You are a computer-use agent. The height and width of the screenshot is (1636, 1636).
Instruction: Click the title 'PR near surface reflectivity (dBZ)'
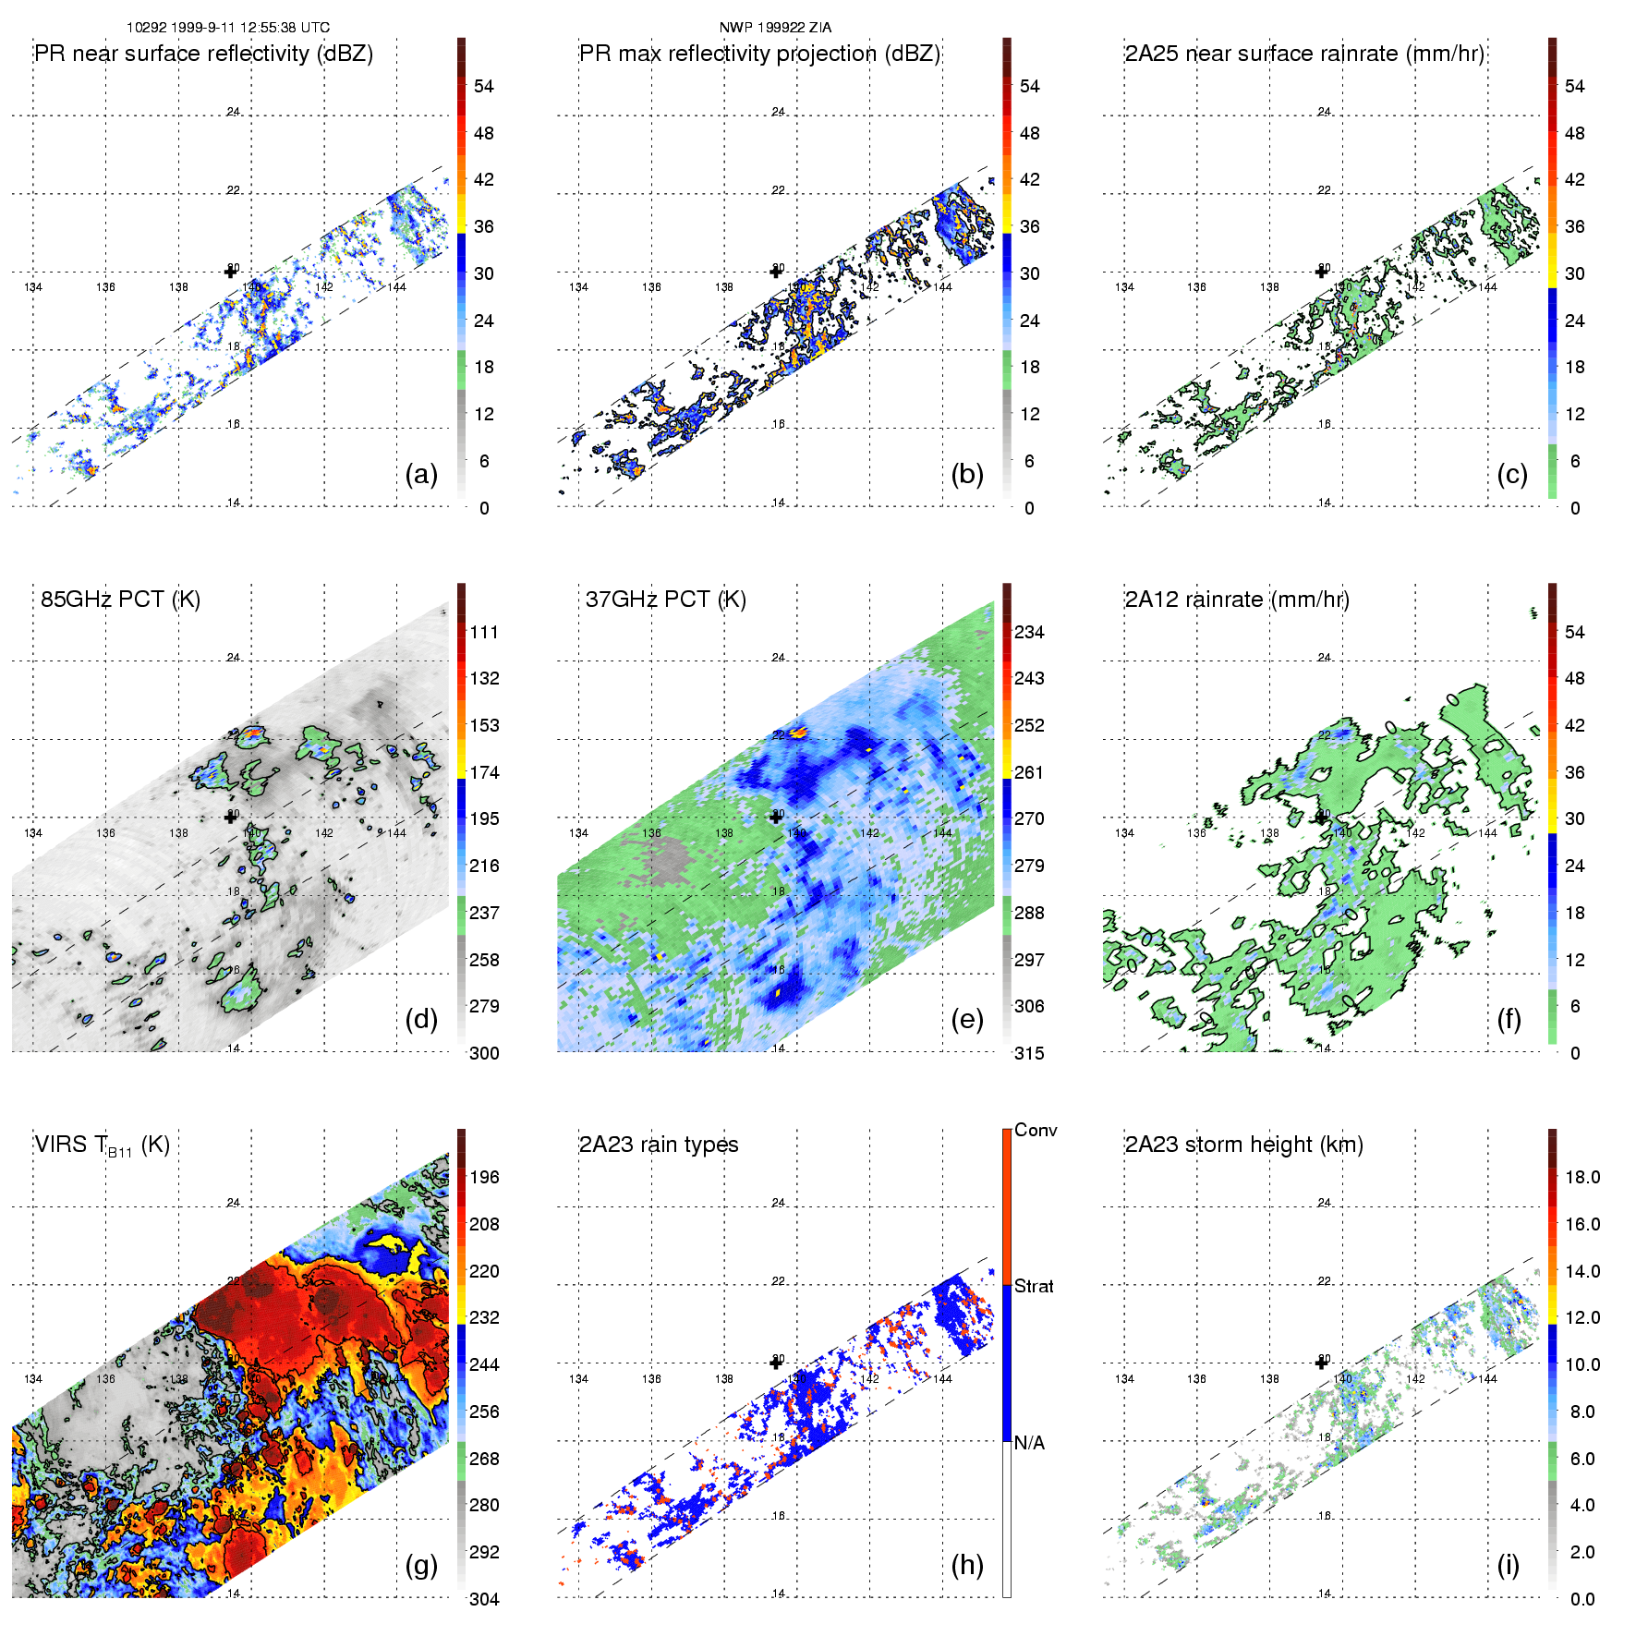[x=203, y=54]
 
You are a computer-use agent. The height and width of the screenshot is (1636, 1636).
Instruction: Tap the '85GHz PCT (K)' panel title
[x=120, y=600]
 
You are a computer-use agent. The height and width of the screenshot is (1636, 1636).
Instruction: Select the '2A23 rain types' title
[x=659, y=1145]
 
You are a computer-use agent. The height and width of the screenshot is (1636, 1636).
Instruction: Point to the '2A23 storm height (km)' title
[x=1243, y=1145]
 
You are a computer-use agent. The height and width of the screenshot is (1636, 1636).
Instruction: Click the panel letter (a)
[x=421, y=475]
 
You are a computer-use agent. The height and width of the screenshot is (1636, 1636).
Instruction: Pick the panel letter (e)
[x=966, y=1020]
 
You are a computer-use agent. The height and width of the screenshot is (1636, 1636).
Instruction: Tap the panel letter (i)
[x=1508, y=1565]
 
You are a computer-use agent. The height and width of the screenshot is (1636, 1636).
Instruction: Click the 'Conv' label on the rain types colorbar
[x=1036, y=1130]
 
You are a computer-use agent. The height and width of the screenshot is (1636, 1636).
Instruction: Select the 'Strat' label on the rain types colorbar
[x=1034, y=1286]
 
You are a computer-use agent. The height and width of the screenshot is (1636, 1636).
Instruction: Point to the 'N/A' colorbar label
[x=1029, y=1443]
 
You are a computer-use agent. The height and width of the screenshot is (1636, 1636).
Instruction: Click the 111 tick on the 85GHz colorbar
[x=484, y=633]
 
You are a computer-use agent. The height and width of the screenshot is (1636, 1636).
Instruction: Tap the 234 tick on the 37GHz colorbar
[x=1029, y=633]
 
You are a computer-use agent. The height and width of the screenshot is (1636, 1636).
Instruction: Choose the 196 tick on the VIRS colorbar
[x=484, y=1178]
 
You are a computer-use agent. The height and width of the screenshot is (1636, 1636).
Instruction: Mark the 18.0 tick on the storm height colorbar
[x=1582, y=1178]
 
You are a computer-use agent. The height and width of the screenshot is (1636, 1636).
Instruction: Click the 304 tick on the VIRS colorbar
[x=484, y=1599]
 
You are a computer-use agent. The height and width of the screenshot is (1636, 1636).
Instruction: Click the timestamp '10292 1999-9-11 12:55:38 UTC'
[x=228, y=28]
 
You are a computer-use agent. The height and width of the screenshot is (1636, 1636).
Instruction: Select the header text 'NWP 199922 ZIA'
[x=775, y=28]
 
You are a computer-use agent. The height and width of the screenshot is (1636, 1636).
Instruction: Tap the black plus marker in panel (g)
[x=230, y=1363]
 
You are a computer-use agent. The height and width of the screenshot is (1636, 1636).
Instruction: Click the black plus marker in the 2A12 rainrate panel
[x=1321, y=818]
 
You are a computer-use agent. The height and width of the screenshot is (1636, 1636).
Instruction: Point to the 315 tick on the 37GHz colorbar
[x=1029, y=1054]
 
